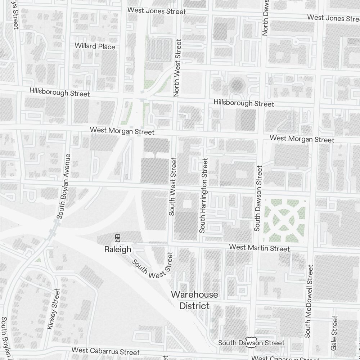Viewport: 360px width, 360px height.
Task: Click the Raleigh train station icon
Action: click(117, 237)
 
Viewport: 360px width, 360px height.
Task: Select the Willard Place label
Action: click(95, 46)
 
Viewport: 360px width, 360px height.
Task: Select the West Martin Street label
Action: click(259, 248)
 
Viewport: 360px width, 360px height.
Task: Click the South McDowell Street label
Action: click(309, 301)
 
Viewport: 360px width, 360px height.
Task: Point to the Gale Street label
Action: click(334, 333)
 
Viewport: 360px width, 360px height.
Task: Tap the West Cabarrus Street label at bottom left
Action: click(105, 351)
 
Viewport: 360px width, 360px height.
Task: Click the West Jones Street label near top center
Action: click(157, 11)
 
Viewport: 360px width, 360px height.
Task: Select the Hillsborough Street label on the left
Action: click(59, 92)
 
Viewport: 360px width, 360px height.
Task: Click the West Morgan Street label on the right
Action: click(302, 139)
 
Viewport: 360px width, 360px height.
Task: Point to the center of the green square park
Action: click(285, 220)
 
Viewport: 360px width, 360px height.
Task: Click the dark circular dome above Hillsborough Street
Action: click(237, 85)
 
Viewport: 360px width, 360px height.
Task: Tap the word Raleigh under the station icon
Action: click(117, 249)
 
